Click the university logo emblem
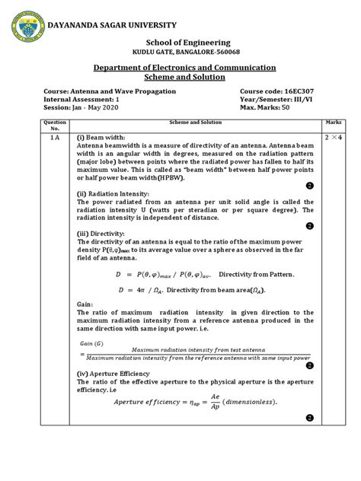[x=24, y=27]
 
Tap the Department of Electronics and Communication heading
[x=180, y=67]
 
